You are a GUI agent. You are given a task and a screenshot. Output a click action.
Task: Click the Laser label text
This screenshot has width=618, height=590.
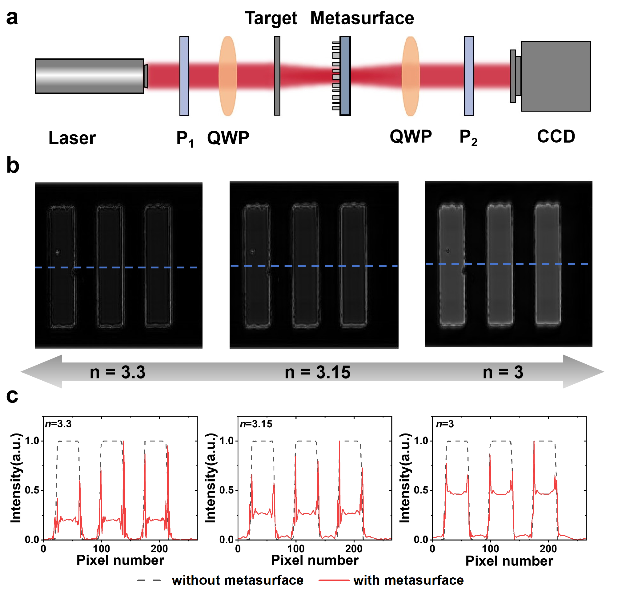[x=72, y=138]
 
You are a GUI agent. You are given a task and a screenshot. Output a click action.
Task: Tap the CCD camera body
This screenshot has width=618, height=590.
[x=555, y=77]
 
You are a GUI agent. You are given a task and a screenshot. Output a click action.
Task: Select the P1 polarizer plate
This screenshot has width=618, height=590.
[x=184, y=76]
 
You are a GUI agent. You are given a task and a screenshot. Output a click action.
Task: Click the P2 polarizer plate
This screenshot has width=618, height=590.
[x=468, y=76]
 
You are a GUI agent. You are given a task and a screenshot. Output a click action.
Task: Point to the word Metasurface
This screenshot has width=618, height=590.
[x=362, y=18]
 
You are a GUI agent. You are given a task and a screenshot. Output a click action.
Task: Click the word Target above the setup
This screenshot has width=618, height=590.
[x=271, y=18]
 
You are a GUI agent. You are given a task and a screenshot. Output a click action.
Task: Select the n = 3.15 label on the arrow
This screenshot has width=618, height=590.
[x=317, y=372]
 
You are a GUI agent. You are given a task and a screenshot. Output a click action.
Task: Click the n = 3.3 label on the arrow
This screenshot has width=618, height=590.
[x=118, y=372]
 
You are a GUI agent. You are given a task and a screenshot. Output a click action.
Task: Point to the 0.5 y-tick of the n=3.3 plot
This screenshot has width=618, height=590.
[x=32, y=490]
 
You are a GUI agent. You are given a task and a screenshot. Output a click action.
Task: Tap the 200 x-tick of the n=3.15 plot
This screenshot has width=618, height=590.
[x=354, y=549]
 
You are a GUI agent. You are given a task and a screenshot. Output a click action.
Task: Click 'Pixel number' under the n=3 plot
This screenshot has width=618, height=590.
[x=509, y=561]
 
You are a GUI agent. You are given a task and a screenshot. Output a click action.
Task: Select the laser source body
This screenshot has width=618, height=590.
[x=90, y=76]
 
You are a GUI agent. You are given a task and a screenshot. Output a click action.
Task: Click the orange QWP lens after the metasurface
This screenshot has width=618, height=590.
[x=410, y=76]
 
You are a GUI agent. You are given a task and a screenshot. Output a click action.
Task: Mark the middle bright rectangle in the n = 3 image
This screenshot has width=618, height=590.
[x=500, y=264]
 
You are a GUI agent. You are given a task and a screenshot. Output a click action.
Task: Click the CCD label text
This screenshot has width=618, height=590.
[x=556, y=137]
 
